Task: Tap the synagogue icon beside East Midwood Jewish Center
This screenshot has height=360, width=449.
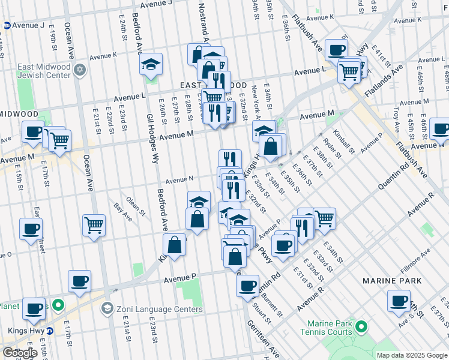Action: (79, 71)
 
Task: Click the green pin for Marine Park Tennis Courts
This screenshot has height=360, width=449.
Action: (361, 327)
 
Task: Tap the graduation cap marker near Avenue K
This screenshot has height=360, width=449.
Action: (151, 64)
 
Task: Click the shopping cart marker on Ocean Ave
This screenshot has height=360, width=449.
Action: (94, 226)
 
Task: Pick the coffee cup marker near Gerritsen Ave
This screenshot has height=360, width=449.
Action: (247, 286)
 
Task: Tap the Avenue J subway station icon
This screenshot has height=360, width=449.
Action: (7, 26)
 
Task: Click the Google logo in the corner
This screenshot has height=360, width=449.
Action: (20, 353)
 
